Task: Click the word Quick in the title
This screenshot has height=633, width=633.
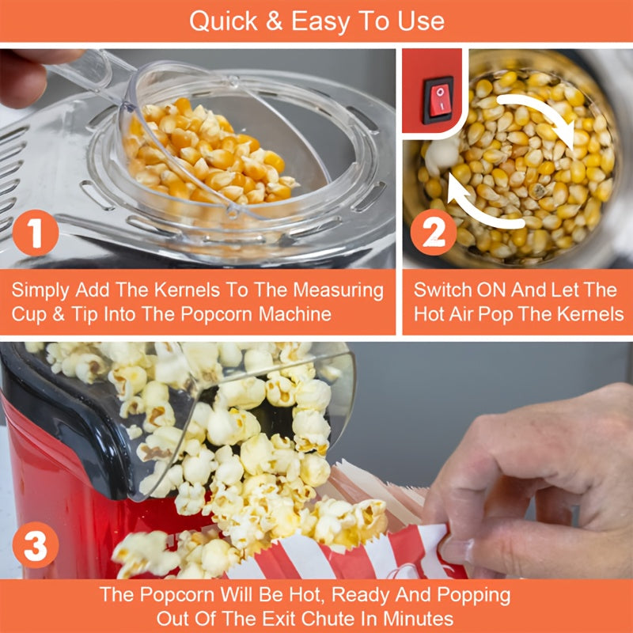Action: point(223,21)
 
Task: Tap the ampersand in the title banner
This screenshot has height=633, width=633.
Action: point(274,21)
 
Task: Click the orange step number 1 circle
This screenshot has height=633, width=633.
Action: point(36,233)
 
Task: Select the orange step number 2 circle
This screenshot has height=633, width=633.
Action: point(434,232)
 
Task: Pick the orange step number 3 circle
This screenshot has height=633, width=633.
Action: point(36,545)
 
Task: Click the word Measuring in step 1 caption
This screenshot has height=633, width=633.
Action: point(338,290)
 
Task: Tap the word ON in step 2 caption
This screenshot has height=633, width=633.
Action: point(489,290)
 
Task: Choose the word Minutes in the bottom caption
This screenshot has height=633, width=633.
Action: point(418,619)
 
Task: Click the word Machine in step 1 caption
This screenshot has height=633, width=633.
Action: point(295,314)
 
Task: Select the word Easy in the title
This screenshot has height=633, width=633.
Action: point(320,22)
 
